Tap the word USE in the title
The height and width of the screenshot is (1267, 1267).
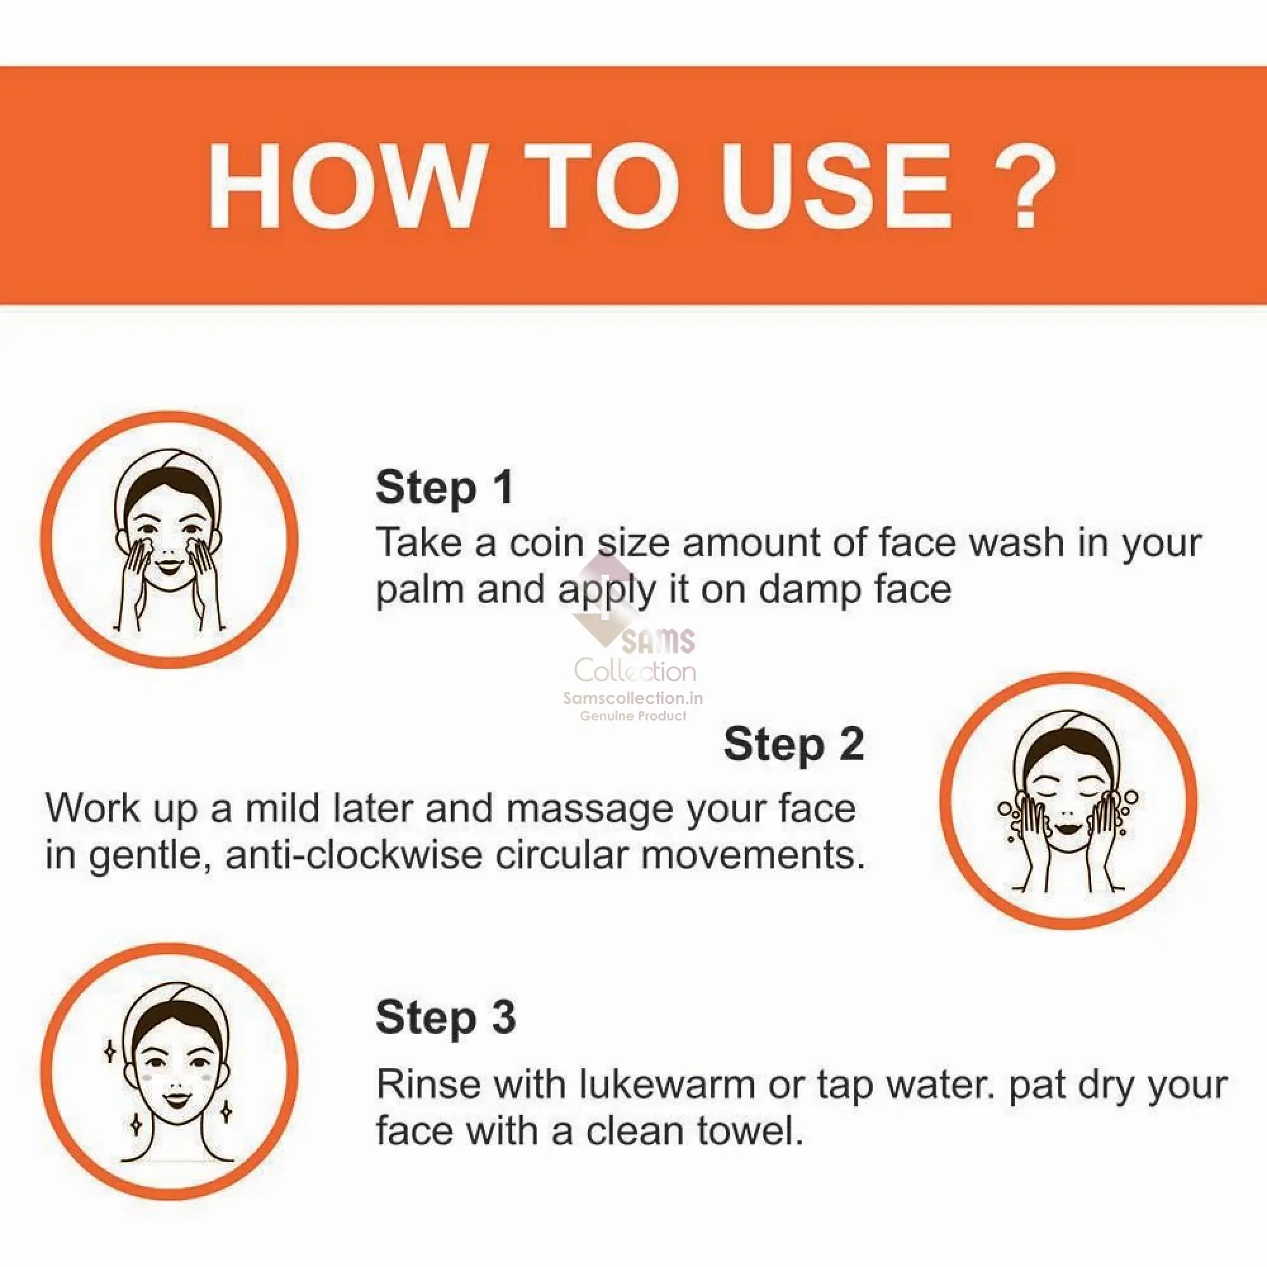[836, 186]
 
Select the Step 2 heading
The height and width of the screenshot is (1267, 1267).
[794, 744]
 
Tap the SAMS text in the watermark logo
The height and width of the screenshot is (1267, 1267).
[657, 641]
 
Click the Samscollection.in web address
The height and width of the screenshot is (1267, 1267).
[633, 698]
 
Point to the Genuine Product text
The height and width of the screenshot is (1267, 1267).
[633, 715]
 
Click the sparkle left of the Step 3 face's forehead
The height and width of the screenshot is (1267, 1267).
[111, 1052]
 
